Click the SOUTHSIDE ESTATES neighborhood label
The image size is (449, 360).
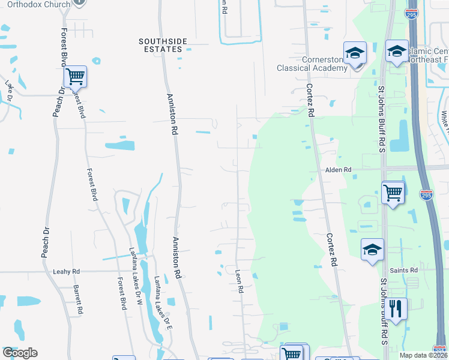(x=163, y=45)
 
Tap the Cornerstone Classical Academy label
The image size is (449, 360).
(x=312, y=64)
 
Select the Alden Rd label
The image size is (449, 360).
(x=338, y=170)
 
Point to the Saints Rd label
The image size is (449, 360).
(x=403, y=271)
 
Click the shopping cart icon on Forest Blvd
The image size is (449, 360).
(x=75, y=77)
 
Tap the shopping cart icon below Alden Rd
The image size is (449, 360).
(x=393, y=193)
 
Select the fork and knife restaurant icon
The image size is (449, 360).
(x=395, y=308)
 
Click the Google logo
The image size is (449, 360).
(x=20, y=353)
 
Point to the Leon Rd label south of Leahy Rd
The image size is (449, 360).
(x=240, y=281)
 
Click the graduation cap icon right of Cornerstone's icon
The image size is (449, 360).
(x=397, y=52)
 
